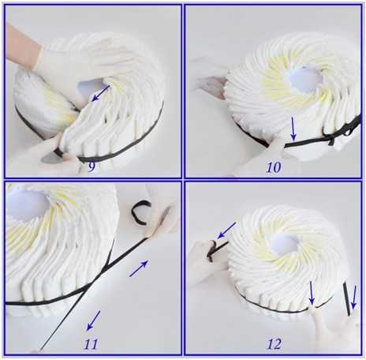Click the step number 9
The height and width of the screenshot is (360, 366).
(x=91, y=167)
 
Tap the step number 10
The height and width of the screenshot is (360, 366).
(x=274, y=167)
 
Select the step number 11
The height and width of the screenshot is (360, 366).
(x=91, y=344)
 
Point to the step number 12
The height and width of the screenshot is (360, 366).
(x=274, y=343)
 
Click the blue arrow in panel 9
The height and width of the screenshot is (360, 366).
(x=100, y=93)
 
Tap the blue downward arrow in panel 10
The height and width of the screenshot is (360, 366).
(x=293, y=129)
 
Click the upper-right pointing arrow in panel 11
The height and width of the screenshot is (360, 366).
(x=139, y=268)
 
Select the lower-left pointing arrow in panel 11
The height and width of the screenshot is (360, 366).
(x=93, y=321)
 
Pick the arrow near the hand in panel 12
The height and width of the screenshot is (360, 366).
(x=226, y=230)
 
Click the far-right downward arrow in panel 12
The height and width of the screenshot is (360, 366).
(x=354, y=298)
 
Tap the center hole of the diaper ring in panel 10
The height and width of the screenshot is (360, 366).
(x=305, y=80)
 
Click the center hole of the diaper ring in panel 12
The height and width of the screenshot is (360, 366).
(x=284, y=245)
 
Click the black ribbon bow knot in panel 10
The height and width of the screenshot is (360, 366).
(x=332, y=137)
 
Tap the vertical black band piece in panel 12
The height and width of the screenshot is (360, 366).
(x=347, y=299)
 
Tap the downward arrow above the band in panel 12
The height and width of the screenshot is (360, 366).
(x=312, y=293)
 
